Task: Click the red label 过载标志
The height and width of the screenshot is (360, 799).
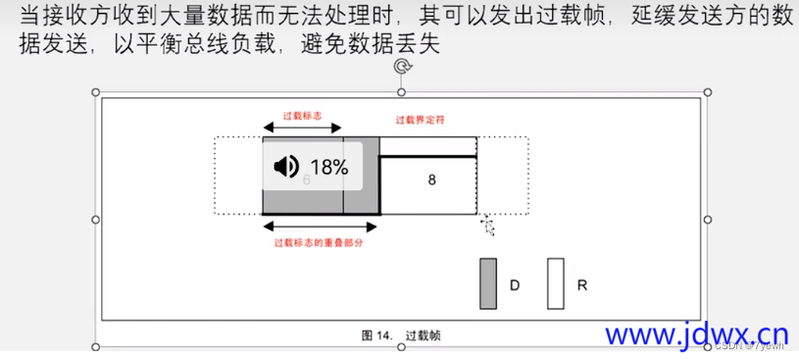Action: point(302,114)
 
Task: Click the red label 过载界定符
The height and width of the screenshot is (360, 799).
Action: point(421,120)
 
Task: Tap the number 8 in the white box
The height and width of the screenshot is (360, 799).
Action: point(431,180)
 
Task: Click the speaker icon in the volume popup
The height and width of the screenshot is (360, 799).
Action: point(286,167)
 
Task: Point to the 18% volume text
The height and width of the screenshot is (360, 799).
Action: point(329,167)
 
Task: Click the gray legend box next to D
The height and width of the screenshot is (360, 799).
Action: point(488,284)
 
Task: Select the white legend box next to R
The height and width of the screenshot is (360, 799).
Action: point(556,284)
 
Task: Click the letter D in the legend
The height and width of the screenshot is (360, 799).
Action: point(515,285)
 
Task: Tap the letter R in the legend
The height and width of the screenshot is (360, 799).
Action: point(582,285)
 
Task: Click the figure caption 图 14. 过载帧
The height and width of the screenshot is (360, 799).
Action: point(401,335)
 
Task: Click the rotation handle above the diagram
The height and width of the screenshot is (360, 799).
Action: point(401,67)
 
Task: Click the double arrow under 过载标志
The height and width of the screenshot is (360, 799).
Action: point(302,129)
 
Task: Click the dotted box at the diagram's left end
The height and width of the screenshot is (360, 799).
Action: point(238,176)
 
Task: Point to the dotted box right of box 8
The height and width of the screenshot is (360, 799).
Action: point(503,176)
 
